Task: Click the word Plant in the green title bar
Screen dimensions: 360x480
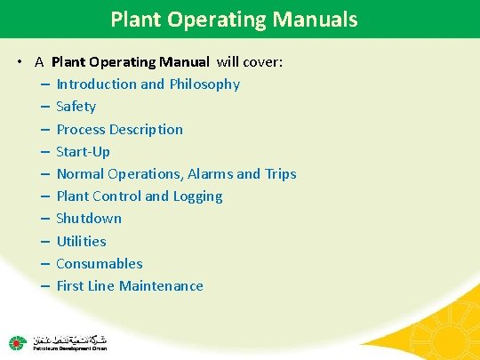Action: [133, 18]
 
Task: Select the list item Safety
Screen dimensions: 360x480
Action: [76, 107]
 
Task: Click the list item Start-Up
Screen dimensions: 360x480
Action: [83, 151]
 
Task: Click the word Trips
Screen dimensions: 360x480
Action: [280, 173]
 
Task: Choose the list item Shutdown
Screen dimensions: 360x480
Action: [89, 219]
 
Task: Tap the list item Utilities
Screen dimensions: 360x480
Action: [81, 241]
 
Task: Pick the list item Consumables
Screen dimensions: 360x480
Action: [99, 263]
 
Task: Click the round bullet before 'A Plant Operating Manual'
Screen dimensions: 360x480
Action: [19, 62]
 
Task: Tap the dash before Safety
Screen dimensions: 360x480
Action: [44, 107]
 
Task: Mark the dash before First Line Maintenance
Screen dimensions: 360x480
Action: [44, 285]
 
